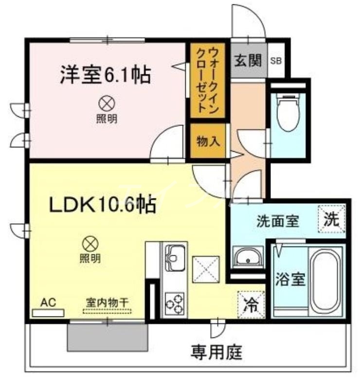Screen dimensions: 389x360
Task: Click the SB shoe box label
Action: click(275, 61)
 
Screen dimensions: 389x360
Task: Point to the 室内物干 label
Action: click(108, 302)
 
